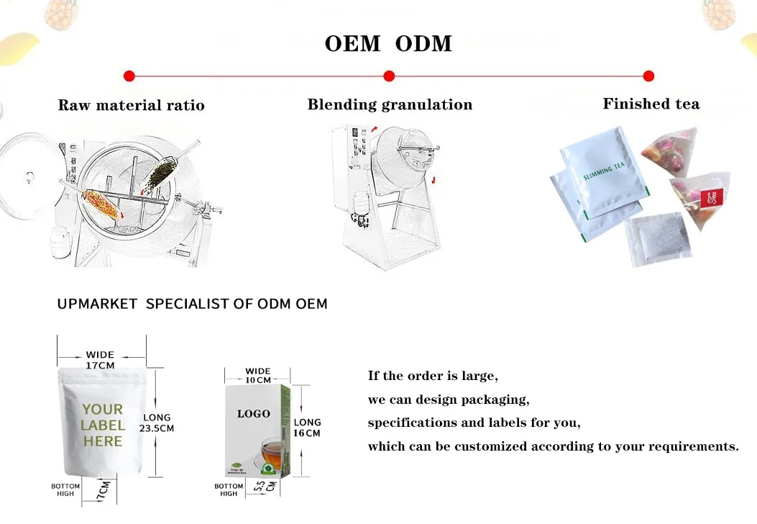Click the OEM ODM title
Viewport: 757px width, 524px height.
pyautogui.click(x=388, y=44)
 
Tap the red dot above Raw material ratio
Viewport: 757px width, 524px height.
pyautogui.click(x=129, y=76)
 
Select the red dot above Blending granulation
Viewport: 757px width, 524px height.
pyautogui.click(x=389, y=76)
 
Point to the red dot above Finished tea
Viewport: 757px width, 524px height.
pyautogui.click(x=648, y=76)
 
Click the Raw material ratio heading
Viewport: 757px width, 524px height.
pyautogui.click(x=131, y=106)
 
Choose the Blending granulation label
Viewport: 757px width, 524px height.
pyautogui.click(x=390, y=105)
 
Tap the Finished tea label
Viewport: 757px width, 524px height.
pyautogui.click(x=651, y=104)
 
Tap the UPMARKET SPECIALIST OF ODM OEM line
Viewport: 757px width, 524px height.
pyautogui.click(x=192, y=304)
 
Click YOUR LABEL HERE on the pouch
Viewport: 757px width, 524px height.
pyautogui.click(x=102, y=425)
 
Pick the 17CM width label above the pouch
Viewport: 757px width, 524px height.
pyautogui.click(x=100, y=361)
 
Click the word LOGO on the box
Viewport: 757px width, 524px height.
pyautogui.click(x=254, y=414)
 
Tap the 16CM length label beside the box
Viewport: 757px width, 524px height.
pyautogui.click(x=308, y=428)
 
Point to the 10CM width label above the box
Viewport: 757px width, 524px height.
pyautogui.click(x=258, y=376)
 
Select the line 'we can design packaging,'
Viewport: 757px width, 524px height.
pyautogui.click(x=449, y=399)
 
